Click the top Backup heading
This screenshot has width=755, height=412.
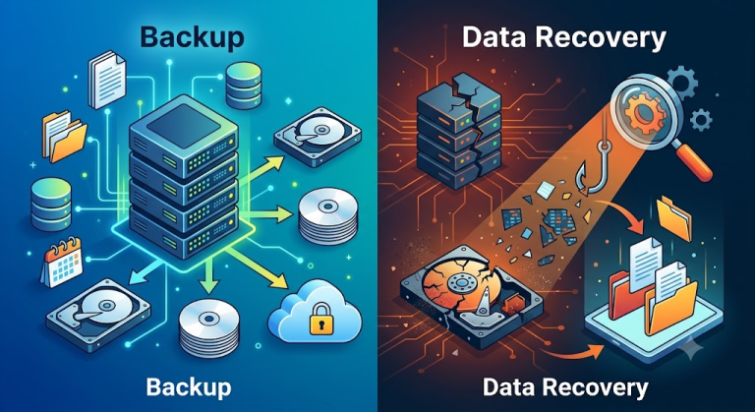[x=192, y=37]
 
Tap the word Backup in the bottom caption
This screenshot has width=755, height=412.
[x=189, y=386]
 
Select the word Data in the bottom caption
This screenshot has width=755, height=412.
[x=511, y=386]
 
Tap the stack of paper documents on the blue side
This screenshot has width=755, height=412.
[x=107, y=80]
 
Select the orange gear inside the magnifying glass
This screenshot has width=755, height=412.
[x=643, y=114]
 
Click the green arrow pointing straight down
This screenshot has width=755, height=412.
[x=209, y=275]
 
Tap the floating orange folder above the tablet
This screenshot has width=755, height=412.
[x=674, y=217]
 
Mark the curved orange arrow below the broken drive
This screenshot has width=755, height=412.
[x=575, y=354]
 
